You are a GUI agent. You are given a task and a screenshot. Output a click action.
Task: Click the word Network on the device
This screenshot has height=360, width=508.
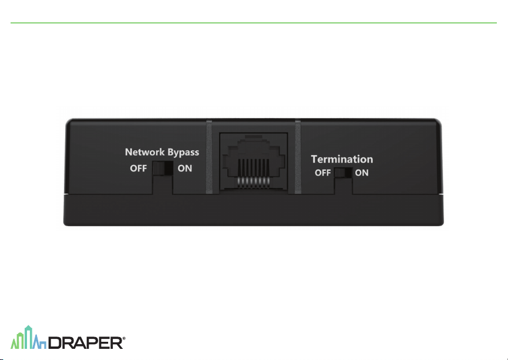(x=145, y=152)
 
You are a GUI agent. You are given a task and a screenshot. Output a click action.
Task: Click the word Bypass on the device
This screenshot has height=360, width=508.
(x=183, y=153)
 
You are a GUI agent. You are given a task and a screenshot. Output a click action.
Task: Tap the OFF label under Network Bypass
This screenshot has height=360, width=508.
(x=139, y=169)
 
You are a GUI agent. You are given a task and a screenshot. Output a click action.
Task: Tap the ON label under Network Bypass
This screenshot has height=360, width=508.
(x=184, y=169)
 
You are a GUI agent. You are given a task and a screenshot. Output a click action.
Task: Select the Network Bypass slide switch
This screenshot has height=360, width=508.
(x=163, y=168)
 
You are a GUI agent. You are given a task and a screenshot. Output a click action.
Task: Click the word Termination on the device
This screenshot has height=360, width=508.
(x=342, y=159)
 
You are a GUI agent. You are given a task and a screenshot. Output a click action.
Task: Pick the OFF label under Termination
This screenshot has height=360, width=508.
(x=322, y=173)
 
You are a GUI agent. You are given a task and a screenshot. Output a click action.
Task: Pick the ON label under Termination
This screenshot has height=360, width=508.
(x=362, y=173)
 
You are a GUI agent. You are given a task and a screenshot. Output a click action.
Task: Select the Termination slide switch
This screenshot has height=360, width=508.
(x=343, y=173)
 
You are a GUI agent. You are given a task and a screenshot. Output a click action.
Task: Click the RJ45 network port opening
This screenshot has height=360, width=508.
(x=254, y=162)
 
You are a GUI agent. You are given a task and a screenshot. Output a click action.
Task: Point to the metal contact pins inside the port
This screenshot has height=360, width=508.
(x=253, y=173)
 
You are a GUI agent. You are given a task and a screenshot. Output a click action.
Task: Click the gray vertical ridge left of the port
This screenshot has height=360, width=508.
(x=209, y=157)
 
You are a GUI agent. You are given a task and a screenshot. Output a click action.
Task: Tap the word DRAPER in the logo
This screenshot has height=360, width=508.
(x=86, y=343)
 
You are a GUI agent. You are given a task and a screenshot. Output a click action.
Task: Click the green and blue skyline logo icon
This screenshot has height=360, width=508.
(x=29, y=337)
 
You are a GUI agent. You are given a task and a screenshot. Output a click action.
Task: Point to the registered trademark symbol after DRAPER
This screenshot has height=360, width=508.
(x=124, y=338)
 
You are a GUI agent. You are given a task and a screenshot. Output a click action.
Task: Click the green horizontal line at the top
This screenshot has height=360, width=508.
(x=254, y=23)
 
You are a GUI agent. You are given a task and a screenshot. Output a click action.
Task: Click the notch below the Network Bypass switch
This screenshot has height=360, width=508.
(x=163, y=185)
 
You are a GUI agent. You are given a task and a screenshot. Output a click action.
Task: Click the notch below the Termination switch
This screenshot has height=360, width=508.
(x=344, y=186)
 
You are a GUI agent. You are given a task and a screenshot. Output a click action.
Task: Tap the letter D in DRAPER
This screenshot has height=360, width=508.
(x=55, y=343)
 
